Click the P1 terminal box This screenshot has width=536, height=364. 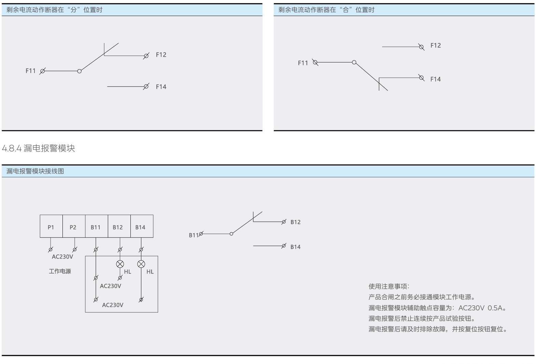pos(51,227)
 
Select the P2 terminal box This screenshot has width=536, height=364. pos(74,227)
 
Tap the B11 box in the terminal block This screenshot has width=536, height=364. pos(96,227)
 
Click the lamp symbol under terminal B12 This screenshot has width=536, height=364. pos(120,264)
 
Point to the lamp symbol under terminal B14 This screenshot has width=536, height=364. pos(141,264)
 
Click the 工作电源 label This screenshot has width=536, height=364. pos(60,271)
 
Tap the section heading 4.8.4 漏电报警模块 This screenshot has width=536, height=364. pos(38,148)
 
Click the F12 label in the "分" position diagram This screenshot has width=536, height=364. pos(161,55)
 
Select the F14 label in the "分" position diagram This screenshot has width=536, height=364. pos(161,87)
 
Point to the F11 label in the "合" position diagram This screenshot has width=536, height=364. pos(303,63)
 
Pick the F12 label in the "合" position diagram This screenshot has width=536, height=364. pos(436,45)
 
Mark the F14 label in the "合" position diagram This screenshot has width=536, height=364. pos(436,79)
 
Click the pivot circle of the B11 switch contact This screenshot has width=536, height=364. pos(231,234)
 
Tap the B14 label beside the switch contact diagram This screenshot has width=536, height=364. pos(296,247)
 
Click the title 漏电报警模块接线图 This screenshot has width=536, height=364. pos(35,171)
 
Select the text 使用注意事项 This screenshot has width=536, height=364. pos(389,286)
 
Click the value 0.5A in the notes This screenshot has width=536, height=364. pos(495,308)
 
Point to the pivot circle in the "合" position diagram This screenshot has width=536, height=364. pos(354,62)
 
